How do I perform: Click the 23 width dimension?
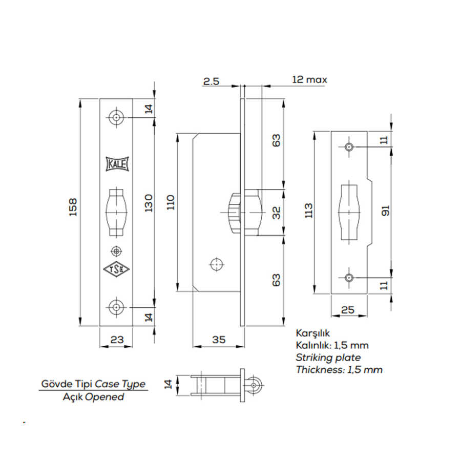click(x=116, y=339)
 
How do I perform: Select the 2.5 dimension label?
click(x=212, y=80)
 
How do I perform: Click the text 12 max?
click(x=309, y=80)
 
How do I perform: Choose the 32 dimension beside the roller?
click(x=276, y=213)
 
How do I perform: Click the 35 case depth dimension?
click(x=219, y=339)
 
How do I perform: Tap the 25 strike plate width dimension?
click(x=348, y=309)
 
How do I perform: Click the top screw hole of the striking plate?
click(x=349, y=147)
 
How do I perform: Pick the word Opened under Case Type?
click(x=104, y=397)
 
